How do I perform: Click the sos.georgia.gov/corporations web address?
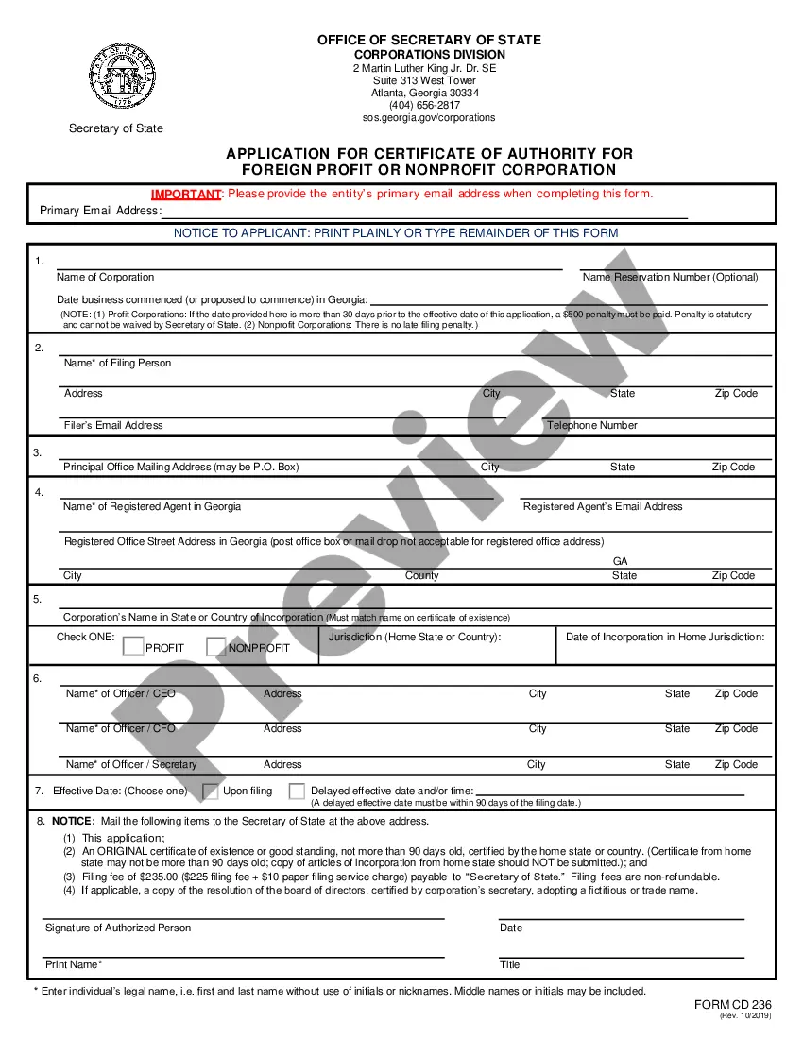point(429,117)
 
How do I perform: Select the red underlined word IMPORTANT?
point(185,194)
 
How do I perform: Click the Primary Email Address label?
point(99,211)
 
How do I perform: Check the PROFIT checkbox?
point(132,647)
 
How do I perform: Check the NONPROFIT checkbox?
point(215,647)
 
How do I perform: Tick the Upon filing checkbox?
point(211,791)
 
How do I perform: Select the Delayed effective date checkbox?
point(297,791)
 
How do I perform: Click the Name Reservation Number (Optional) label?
point(670,277)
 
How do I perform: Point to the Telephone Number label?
point(592,425)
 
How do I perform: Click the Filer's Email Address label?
point(113,425)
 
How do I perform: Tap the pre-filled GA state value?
point(621,561)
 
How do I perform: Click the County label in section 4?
point(421,575)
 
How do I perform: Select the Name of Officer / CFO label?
point(120,728)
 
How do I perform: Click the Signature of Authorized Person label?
point(118,928)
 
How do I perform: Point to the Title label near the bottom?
point(510,964)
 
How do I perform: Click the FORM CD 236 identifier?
point(733,1004)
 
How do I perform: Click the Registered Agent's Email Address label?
point(602,506)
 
